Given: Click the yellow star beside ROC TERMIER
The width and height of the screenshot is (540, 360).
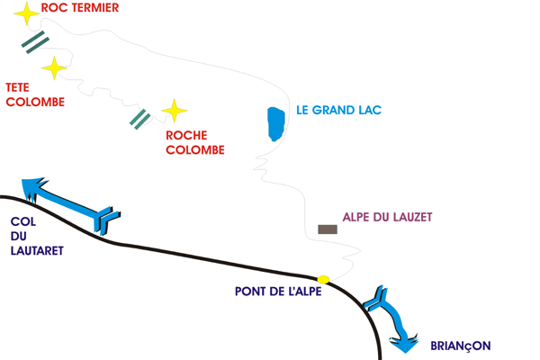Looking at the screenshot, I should pos(27,13).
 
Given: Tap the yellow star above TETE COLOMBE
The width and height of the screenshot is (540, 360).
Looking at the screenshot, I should pos(55,67).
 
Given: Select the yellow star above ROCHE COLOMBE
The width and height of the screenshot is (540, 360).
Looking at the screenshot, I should pos(174,111).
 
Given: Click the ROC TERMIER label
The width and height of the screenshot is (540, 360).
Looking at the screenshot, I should pos(80,8).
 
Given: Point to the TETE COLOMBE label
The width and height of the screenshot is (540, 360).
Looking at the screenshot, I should pos(35,94).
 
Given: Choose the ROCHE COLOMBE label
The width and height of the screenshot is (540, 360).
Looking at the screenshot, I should pos(195,143).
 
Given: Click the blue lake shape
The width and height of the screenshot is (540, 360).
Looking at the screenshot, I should pos(275,123).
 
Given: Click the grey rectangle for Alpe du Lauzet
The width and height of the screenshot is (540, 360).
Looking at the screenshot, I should pos(328,229).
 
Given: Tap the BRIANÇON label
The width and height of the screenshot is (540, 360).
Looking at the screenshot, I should pos(461,345).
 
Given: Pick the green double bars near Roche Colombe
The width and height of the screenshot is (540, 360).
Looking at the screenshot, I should pos(139,118).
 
